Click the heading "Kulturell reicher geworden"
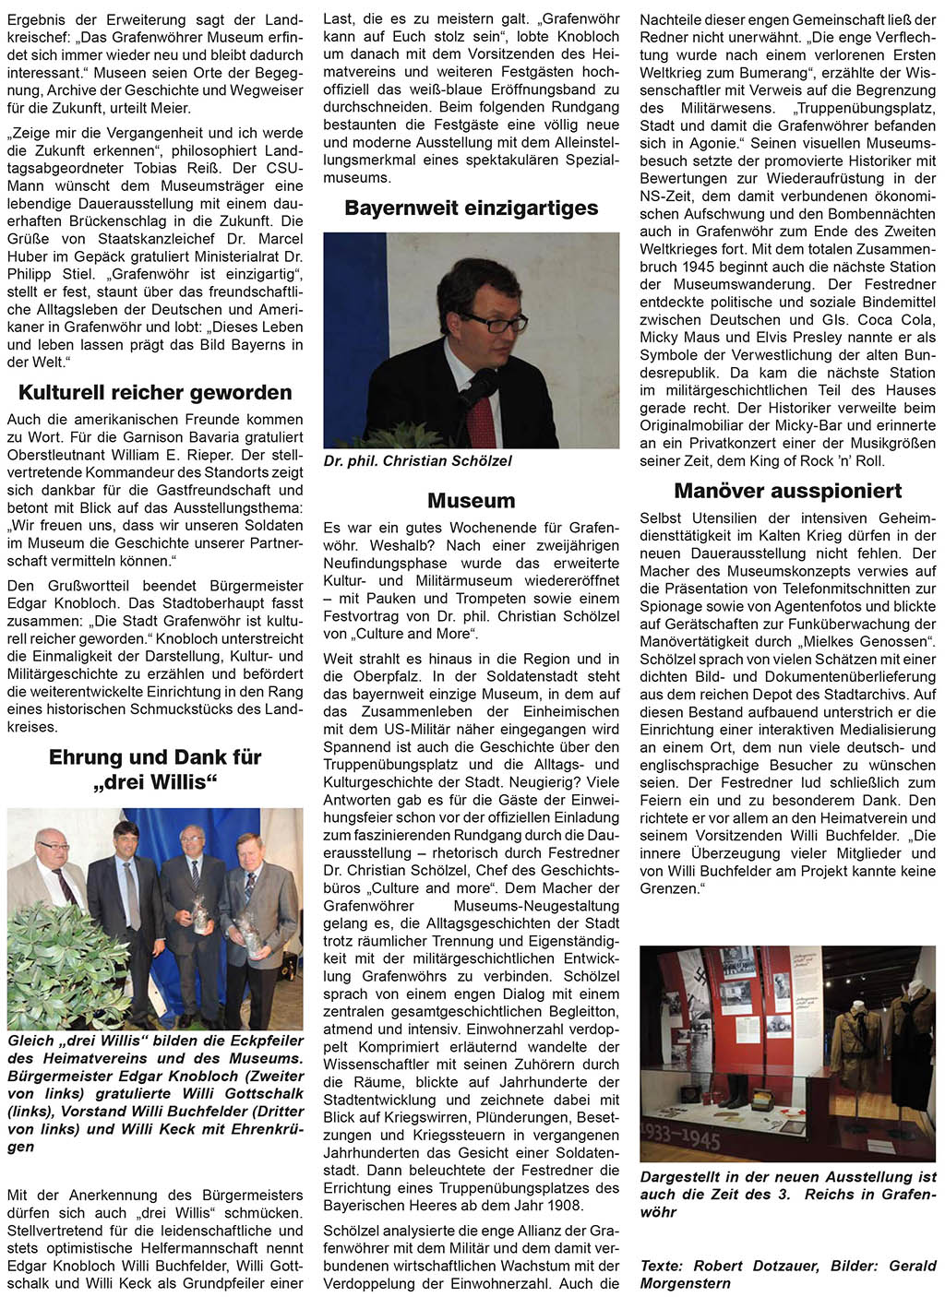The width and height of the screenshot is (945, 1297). click(155, 392)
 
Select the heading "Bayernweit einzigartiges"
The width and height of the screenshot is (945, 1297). click(471, 208)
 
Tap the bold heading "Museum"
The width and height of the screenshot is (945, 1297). click(471, 501)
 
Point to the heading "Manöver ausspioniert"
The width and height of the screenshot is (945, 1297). click(787, 491)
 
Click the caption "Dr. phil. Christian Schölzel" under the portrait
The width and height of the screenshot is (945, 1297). click(417, 461)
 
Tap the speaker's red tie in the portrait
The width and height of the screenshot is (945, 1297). click(482, 415)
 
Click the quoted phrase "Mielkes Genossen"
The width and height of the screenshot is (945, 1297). click(866, 642)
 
